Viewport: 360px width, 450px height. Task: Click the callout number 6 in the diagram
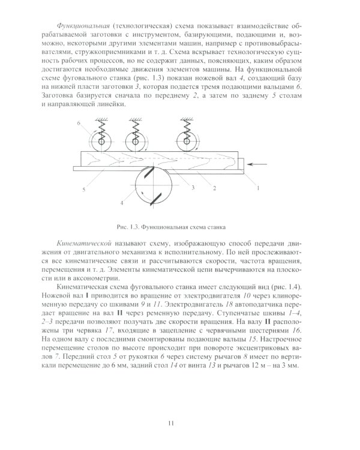pyautogui.click(x=79, y=122)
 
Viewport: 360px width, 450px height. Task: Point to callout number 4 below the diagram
pyautogui.click(x=121, y=203)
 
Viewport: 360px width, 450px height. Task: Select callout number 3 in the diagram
pyautogui.click(x=193, y=188)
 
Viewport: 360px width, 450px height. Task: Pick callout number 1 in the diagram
pyautogui.click(x=259, y=188)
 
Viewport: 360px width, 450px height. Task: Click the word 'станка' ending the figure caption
pyautogui.click(x=223, y=226)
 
